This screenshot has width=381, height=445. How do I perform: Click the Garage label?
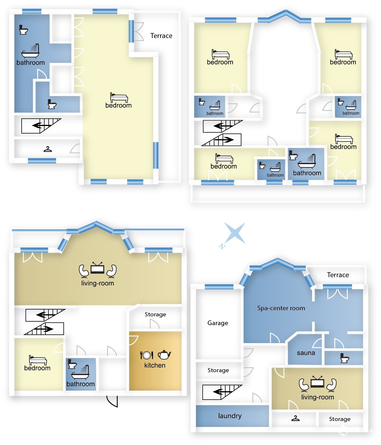[217, 323]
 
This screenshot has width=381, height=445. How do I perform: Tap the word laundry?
[230, 416]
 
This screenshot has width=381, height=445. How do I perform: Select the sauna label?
[306, 353]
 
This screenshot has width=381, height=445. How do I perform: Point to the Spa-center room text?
[281, 308]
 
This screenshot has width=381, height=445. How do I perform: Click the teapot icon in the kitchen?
[164, 354]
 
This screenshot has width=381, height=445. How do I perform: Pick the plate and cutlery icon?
[146, 355]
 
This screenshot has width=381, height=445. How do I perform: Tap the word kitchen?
[155, 365]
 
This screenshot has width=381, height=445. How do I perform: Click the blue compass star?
[235, 233]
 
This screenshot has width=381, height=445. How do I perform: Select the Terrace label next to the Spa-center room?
[338, 275]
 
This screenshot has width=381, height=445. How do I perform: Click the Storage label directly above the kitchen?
[155, 315]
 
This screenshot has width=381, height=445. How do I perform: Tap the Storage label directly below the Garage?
[218, 370]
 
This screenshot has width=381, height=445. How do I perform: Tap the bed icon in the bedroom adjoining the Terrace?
[119, 98]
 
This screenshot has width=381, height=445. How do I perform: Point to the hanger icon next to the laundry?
[295, 418]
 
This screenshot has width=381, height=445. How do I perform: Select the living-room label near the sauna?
[317, 397]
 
